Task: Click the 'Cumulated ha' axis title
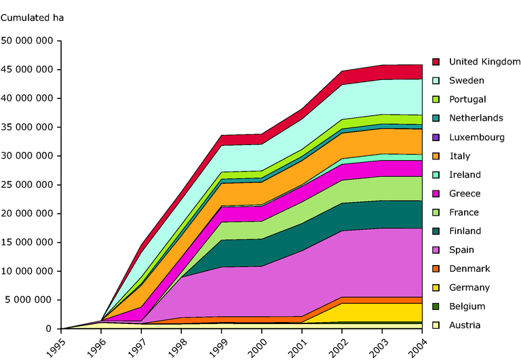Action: pyautogui.click(x=32, y=18)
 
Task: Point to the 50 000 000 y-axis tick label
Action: pyautogui.click(x=28, y=41)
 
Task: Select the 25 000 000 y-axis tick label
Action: pyautogui.click(x=28, y=185)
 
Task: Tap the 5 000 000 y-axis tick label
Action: pyautogui.click(x=31, y=300)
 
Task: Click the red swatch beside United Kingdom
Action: pyautogui.click(x=436, y=62)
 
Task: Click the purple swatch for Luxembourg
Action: pyautogui.click(x=436, y=137)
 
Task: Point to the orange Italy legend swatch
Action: pyautogui.click(x=436, y=156)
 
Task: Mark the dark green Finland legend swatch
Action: pyautogui.click(x=436, y=231)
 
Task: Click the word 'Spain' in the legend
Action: pyautogui.click(x=461, y=250)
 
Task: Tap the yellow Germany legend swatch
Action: pyautogui.click(x=436, y=287)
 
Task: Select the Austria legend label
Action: pyautogui.click(x=464, y=325)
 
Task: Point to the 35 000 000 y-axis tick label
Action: pyautogui.click(x=28, y=127)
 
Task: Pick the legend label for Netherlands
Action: pyautogui.click(x=476, y=118)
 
